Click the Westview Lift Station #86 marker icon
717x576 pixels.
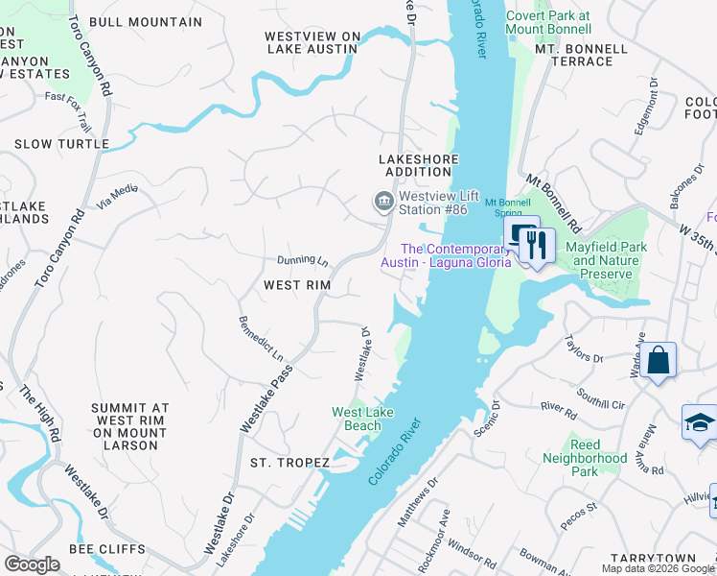click(x=382, y=202)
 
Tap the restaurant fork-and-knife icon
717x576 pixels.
click(x=537, y=244)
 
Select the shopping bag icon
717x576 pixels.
click(x=659, y=361)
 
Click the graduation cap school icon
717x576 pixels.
click(x=699, y=422)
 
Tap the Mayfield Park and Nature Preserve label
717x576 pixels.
click(x=613, y=260)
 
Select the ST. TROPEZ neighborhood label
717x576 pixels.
click(x=289, y=463)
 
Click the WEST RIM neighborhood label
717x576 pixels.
click(x=297, y=285)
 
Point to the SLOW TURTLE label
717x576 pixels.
click(x=61, y=144)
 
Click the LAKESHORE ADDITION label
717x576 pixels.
click(x=414, y=165)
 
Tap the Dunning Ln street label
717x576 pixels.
click(x=303, y=260)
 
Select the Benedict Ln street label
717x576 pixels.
click(x=261, y=338)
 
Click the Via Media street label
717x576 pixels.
click(x=118, y=197)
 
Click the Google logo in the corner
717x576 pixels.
click(x=32, y=564)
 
